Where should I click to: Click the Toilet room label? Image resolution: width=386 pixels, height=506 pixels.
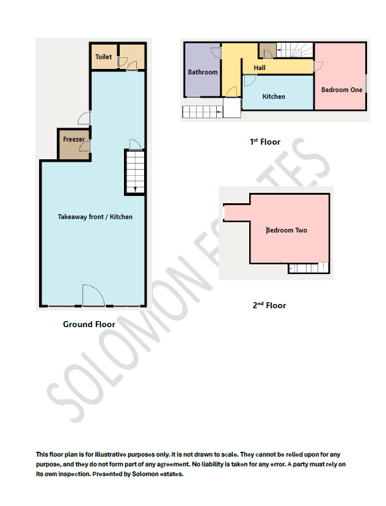[x=104, y=57]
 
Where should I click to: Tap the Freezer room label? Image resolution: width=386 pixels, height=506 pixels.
[x=74, y=139]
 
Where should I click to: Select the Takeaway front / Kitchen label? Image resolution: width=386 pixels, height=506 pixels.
[x=95, y=217]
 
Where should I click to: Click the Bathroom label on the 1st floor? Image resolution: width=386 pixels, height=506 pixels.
[x=202, y=72]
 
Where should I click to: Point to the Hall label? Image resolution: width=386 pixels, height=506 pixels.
[x=260, y=68]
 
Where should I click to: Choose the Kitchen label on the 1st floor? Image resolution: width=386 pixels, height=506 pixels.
[x=274, y=96]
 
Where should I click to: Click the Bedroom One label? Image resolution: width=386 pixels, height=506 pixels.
[x=341, y=90]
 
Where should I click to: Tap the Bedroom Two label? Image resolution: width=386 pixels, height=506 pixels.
[x=286, y=230]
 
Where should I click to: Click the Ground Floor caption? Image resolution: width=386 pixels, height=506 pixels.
[x=89, y=324]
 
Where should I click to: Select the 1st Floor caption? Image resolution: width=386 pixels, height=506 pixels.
[x=265, y=142]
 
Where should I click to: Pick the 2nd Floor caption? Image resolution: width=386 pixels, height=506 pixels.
[x=269, y=305]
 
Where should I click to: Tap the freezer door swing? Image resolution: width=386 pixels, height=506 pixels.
[x=87, y=145]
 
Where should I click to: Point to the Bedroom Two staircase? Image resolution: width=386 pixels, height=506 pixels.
[x=308, y=268]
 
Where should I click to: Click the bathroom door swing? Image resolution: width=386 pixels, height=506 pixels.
[x=215, y=54]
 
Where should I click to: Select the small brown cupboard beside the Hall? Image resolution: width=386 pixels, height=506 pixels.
[x=266, y=50]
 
